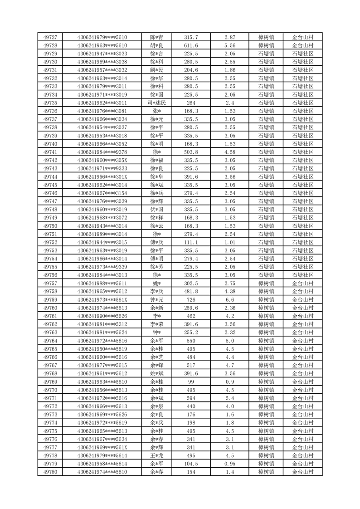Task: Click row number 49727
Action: click(50, 37)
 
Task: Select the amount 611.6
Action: click(191, 45)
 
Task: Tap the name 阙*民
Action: click(157, 70)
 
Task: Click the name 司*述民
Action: click(157, 103)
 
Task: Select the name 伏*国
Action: click(157, 209)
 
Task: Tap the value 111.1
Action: click(191, 242)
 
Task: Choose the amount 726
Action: click(191, 299)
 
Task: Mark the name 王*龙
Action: click(157, 455)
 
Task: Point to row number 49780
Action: click(50, 472)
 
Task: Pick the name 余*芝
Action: click(157, 357)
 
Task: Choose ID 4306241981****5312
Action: click(102, 324)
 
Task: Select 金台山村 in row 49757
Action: click(302, 283)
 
